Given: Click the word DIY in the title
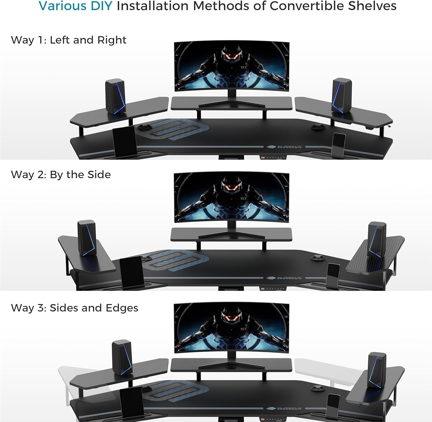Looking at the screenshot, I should (100, 6).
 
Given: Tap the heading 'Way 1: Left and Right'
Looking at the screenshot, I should (69, 40).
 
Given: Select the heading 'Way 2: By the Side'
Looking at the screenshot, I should (61, 174).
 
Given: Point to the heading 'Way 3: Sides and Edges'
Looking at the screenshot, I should (75, 308).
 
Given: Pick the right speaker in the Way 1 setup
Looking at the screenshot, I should (342, 95).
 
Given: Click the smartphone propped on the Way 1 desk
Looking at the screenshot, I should (339, 144).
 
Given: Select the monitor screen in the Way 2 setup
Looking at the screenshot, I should (232, 197).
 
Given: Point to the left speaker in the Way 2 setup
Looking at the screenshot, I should (87, 238).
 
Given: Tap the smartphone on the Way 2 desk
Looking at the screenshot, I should (333, 275).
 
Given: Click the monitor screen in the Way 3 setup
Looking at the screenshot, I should (232, 328).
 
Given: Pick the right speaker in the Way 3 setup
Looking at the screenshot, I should (377, 370).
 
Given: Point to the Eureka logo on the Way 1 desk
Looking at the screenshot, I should (284, 147).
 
